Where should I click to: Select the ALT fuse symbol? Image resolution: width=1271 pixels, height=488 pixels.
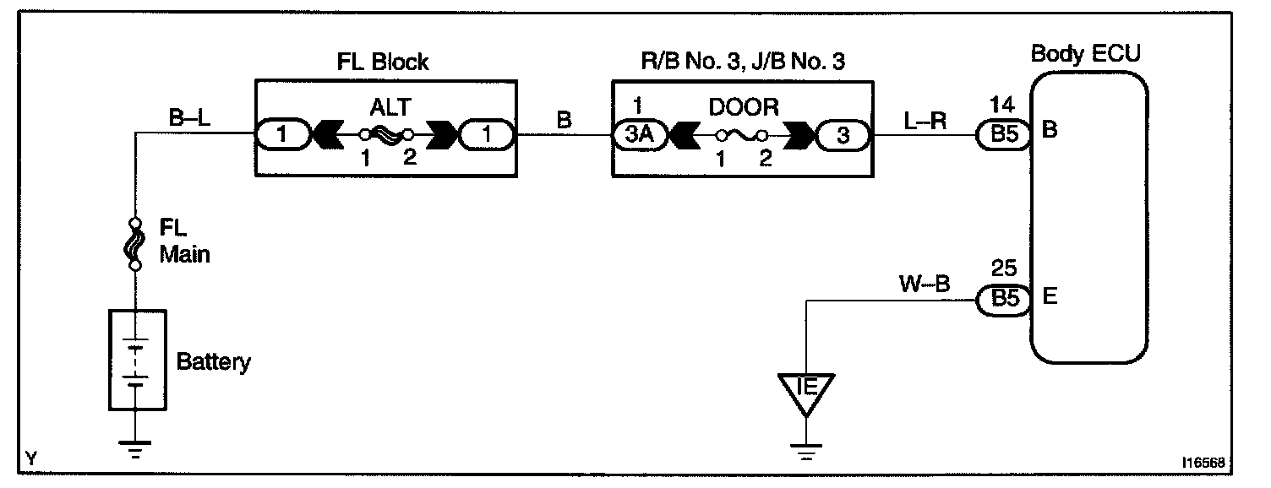point(386,135)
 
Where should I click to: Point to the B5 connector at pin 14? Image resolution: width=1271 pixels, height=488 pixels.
point(1003,135)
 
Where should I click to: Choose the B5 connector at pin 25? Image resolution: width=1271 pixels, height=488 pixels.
point(1003,300)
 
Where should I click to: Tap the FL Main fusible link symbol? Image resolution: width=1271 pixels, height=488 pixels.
point(134,244)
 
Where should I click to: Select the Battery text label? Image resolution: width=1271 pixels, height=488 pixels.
point(214,363)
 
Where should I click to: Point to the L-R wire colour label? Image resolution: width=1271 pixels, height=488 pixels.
point(925,120)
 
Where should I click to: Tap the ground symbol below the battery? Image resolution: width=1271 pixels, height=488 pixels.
point(134,448)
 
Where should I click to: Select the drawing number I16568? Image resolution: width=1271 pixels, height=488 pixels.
point(1203,463)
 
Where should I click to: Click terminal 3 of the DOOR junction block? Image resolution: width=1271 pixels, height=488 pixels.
point(842,135)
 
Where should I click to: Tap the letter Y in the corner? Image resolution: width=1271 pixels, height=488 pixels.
point(32,458)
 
